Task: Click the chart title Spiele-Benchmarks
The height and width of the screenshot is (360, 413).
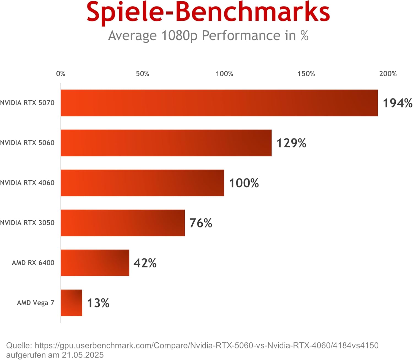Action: (x=208, y=12)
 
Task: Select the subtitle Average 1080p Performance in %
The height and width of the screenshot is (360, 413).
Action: (x=208, y=36)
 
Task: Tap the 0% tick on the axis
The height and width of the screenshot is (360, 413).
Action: (x=61, y=74)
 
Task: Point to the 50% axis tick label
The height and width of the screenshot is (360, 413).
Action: (x=142, y=74)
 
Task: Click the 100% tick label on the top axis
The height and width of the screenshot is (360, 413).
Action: (x=224, y=74)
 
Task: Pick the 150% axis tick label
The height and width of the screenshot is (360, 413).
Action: (x=306, y=74)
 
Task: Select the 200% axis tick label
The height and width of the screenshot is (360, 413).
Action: (x=388, y=74)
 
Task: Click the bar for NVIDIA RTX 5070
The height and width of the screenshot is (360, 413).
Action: (x=219, y=103)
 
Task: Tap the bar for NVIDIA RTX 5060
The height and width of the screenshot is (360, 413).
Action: (x=166, y=143)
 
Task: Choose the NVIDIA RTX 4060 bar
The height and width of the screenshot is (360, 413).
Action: (x=142, y=183)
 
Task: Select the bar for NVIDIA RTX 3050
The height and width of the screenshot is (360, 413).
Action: (x=123, y=223)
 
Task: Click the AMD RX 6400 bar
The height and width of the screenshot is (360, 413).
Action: (x=95, y=263)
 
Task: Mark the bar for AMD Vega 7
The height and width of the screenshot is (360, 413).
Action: (x=72, y=303)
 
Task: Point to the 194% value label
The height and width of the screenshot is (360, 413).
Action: (x=398, y=103)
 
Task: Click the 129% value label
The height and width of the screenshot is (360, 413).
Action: (x=291, y=143)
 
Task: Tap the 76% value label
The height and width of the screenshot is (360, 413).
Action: (x=201, y=223)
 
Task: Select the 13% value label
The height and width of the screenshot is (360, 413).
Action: (x=98, y=303)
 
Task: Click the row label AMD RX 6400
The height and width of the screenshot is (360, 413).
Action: (x=33, y=263)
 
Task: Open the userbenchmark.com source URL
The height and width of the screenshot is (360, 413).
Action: (x=206, y=345)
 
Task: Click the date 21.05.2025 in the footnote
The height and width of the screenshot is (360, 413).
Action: (x=83, y=355)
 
